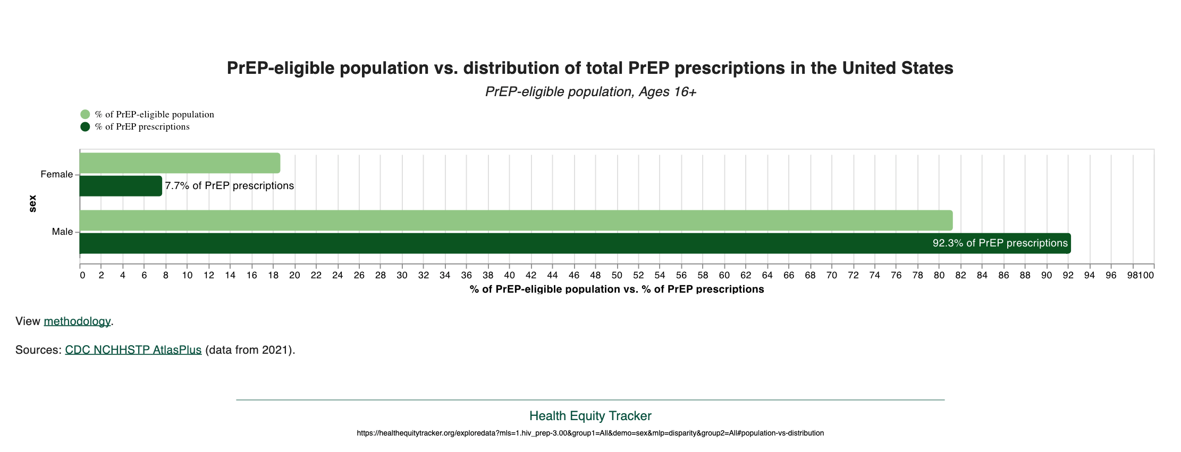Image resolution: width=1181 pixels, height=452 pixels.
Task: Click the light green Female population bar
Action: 180,163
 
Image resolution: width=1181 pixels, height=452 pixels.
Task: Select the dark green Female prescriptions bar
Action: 121,186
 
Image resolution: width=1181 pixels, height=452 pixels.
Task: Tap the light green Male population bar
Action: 516,220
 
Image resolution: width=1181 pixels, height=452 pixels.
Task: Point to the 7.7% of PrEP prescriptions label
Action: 229,186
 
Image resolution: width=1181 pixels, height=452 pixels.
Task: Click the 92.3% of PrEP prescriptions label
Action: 1000,243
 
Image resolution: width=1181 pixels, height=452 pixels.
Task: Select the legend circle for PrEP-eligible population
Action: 85,114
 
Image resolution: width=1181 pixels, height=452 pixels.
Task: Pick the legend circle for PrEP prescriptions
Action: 85,126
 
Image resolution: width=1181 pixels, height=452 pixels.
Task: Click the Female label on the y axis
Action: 56,174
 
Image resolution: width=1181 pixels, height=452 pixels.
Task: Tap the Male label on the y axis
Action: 62,232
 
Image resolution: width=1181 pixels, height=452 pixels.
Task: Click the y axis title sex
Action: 32,203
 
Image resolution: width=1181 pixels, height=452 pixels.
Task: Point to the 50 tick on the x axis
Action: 617,275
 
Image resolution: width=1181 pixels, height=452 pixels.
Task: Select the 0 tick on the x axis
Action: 82,275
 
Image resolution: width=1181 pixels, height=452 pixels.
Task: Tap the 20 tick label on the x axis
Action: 294,275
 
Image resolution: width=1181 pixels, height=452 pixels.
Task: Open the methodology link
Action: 77,321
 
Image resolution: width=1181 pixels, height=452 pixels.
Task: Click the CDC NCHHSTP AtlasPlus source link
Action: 133,350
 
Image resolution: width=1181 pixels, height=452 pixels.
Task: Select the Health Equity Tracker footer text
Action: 590,416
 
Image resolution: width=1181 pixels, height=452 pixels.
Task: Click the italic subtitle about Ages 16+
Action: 590,92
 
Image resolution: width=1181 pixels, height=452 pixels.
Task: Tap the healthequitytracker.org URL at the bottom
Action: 590,433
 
